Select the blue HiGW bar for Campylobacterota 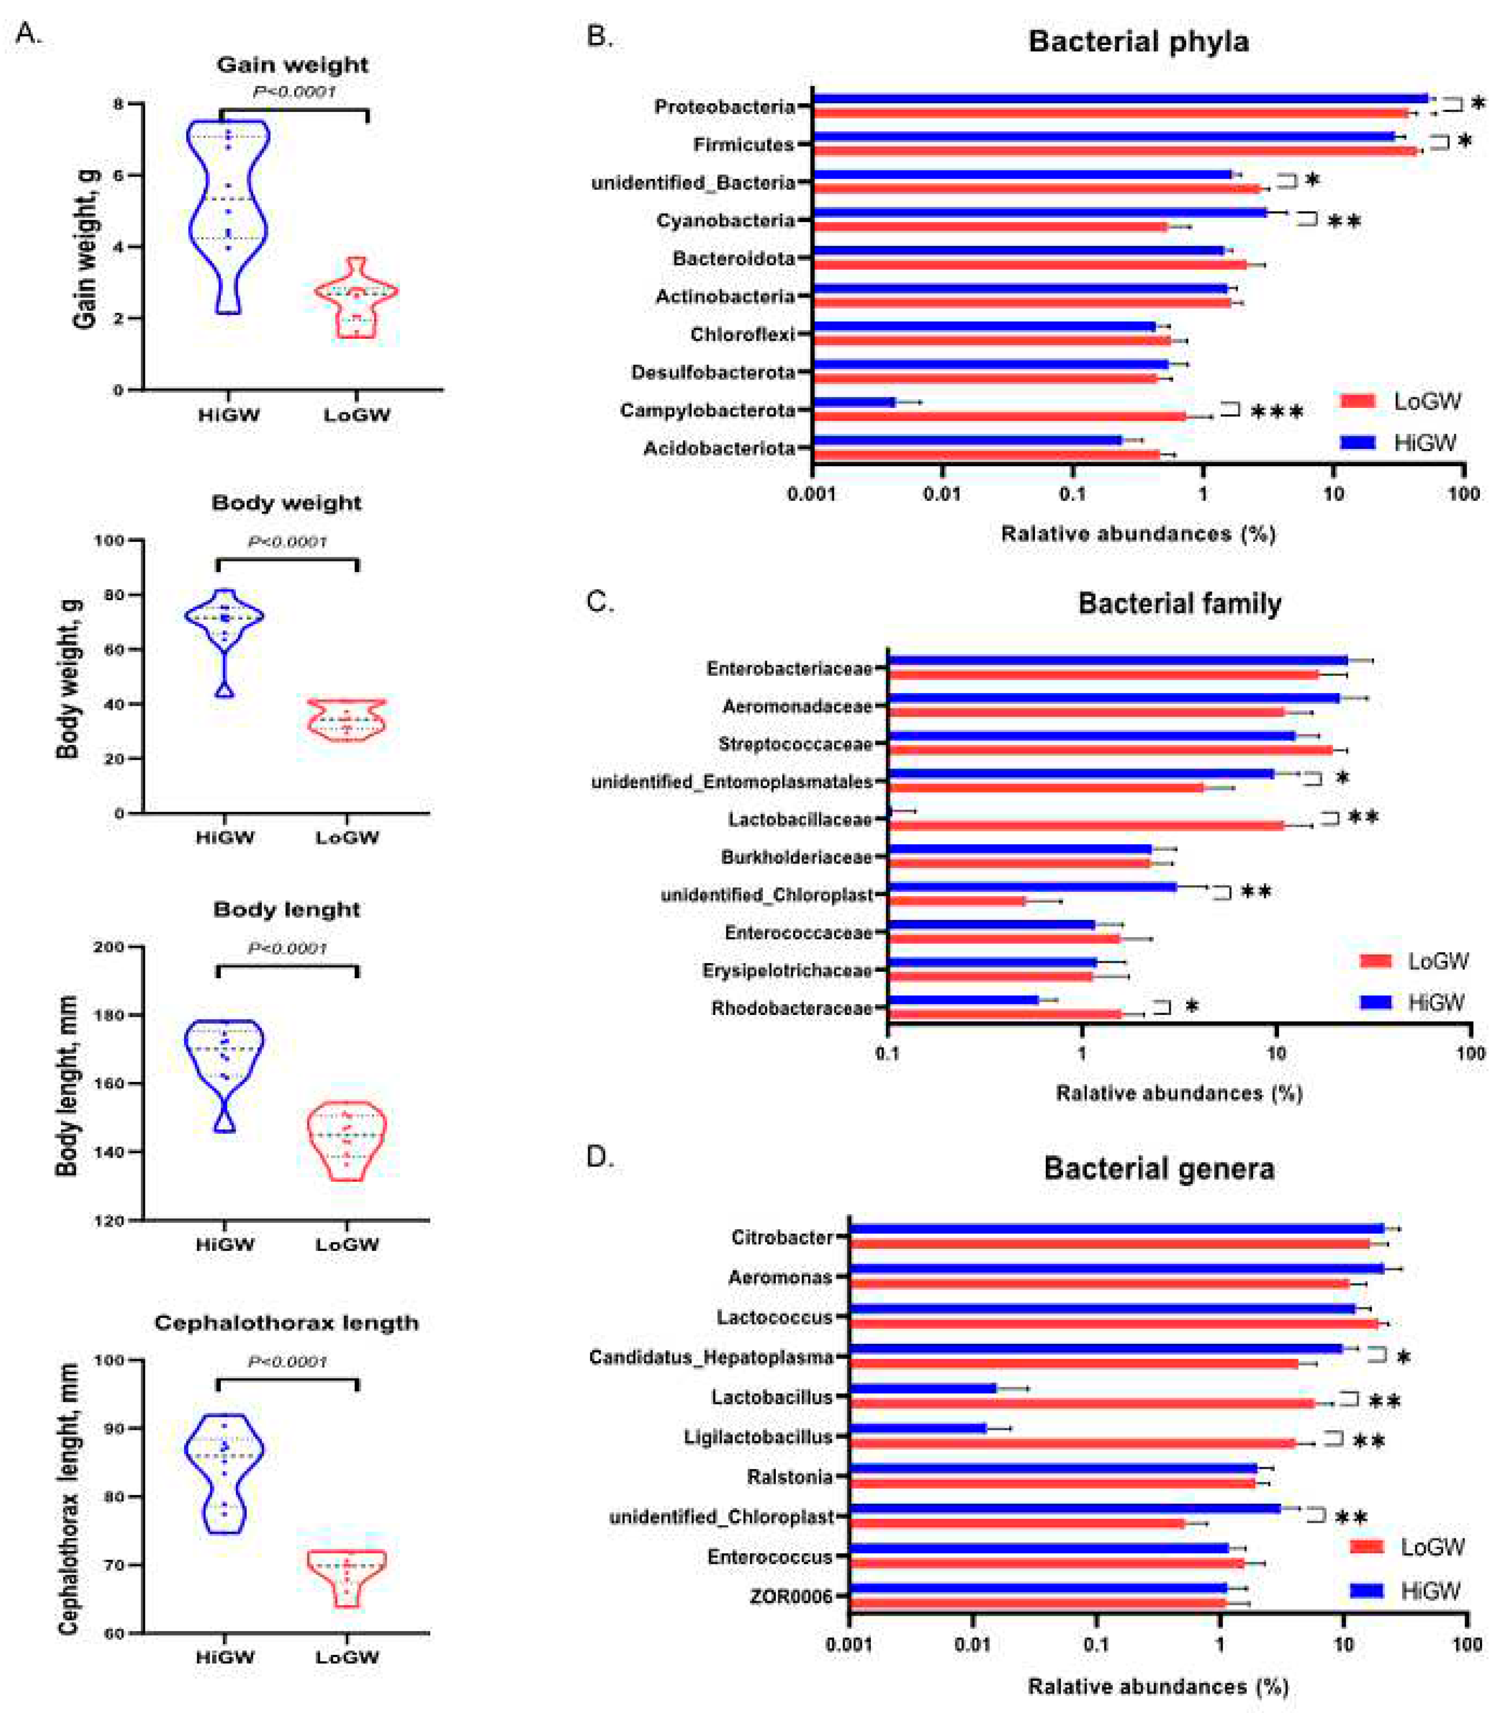tap(853, 402)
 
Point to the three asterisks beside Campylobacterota tap(1276, 412)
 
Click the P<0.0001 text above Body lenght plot tap(287, 948)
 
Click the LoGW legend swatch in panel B tap(1358, 402)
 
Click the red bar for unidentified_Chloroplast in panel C tap(956, 901)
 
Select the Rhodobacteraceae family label tap(791, 1009)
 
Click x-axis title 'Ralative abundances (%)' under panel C tap(1179, 1093)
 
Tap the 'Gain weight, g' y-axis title tap(86, 249)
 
